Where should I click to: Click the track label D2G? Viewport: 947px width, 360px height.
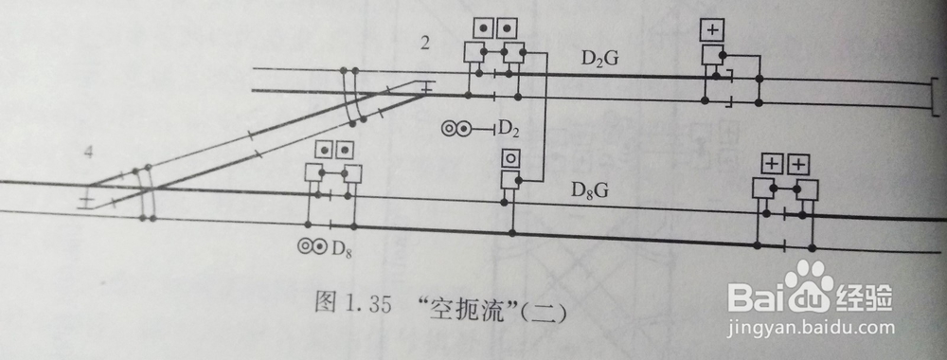[600, 60]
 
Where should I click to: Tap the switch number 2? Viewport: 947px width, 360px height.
[427, 43]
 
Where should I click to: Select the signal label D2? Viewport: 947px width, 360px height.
[510, 126]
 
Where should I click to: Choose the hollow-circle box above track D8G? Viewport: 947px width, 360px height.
[511, 158]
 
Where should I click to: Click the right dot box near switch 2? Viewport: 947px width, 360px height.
[509, 27]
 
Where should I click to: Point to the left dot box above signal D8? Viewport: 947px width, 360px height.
[322, 149]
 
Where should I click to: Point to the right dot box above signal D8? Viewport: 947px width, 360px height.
[346, 149]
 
